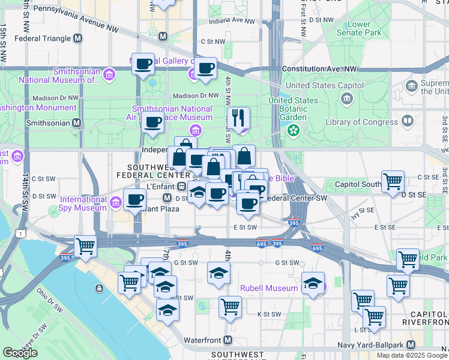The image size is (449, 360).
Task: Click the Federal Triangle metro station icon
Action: tap(77, 38)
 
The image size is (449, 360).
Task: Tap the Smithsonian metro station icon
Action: tap(76, 122)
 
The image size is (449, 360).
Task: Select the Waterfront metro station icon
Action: tap(228, 340)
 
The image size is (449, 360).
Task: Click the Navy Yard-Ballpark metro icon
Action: tap(411, 345)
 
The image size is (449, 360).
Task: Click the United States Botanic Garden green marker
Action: tap(294, 130)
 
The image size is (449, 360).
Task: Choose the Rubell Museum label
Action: tap(268, 288)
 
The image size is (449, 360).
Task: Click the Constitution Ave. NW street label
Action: tap(319, 69)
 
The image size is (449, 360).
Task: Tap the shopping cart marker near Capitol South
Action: tap(393, 181)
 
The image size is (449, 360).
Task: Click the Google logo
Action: tap(20, 353)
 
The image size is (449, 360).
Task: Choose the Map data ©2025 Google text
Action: tap(411, 355)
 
